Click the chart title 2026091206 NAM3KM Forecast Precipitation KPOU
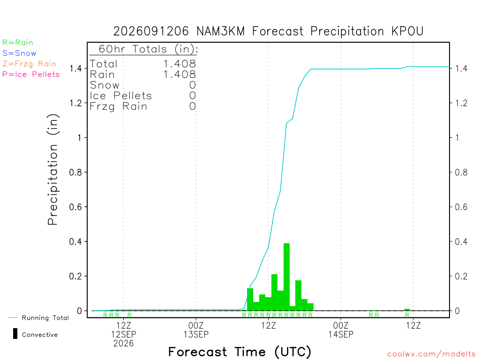click(268, 31)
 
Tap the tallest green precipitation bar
click(286, 277)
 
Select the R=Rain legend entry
click(18, 43)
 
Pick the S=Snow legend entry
click(19, 53)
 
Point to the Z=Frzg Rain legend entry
click(29, 64)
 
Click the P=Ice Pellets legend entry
click(31, 75)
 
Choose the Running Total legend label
click(45, 318)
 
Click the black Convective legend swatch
click(15, 334)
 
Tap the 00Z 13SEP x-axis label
click(196, 330)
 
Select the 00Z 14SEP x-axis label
click(341, 330)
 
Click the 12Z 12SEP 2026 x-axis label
click(123, 334)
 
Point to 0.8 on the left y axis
click(75, 172)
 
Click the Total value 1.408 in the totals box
click(180, 64)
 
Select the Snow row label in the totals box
click(105, 85)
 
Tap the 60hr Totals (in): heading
click(148, 49)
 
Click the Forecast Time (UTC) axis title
click(240, 352)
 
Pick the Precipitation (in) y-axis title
click(53, 170)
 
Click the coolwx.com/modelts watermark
click(431, 354)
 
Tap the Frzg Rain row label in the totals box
click(118, 106)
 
